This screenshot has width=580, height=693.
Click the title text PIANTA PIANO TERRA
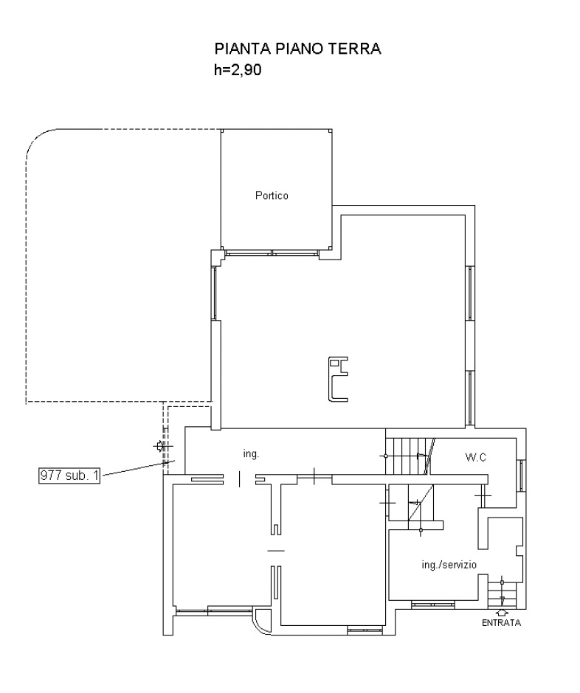[297, 49]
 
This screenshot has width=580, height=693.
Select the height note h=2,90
[238, 70]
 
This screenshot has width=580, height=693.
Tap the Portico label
[272, 195]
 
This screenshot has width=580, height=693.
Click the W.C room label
[476, 457]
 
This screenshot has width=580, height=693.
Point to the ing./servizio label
[449, 565]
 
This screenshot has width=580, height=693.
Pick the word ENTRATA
[501, 623]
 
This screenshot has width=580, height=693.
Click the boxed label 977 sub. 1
[69, 476]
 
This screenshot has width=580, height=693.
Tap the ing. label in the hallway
[251, 454]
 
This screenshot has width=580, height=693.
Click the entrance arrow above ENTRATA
[502, 613]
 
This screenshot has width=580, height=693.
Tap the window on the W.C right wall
[522, 476]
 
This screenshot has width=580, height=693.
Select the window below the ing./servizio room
[433, 605]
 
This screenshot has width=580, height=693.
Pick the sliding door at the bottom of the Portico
[272, 254]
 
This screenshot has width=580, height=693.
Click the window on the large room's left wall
[214, 293]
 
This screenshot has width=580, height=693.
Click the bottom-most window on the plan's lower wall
[364, 630]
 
